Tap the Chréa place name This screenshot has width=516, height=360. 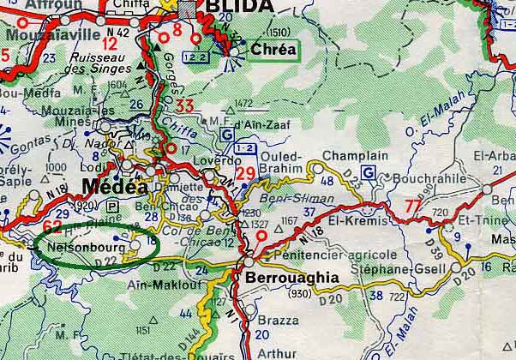273,50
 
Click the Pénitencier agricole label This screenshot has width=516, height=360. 333,255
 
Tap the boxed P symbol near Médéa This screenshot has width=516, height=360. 113,206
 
